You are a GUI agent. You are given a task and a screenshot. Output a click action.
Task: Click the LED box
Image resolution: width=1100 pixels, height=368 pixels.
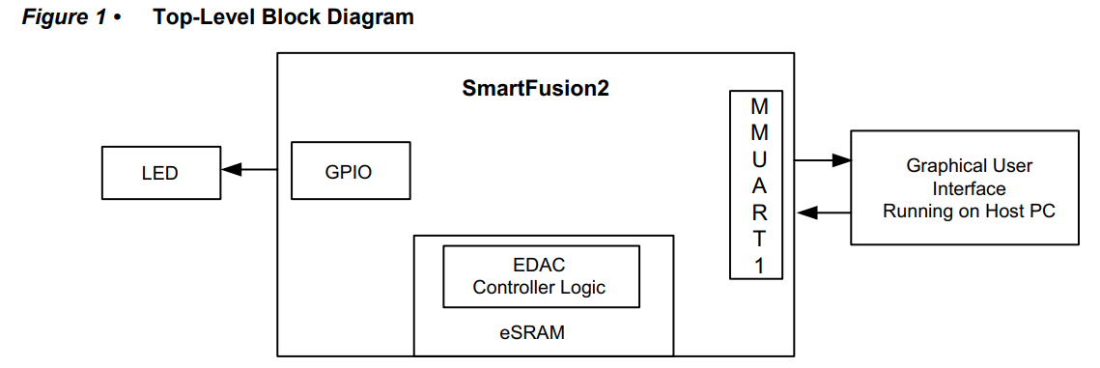[159, 173]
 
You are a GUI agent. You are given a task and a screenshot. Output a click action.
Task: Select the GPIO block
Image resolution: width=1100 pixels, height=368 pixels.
[349, 172]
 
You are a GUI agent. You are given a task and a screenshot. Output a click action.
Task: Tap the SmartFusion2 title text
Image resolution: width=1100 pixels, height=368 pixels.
[535, 89]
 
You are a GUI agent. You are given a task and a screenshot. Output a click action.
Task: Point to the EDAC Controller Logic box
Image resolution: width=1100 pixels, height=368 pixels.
[541, 276]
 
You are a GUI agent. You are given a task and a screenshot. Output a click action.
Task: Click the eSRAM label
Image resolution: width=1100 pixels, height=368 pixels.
[532, 333]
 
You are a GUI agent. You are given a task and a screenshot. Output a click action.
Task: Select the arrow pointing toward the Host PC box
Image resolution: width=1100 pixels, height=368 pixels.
[821, 159]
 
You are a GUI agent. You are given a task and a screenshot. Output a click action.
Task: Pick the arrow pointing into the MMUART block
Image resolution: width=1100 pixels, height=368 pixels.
[821, 212]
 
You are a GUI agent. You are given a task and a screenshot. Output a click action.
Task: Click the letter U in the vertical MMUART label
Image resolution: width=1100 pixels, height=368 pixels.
[760, 158]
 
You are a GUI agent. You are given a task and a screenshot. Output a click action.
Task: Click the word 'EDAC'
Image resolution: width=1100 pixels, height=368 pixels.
[541, 266]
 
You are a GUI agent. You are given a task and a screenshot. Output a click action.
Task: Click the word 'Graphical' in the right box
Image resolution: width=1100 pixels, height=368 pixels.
[943, 165]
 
